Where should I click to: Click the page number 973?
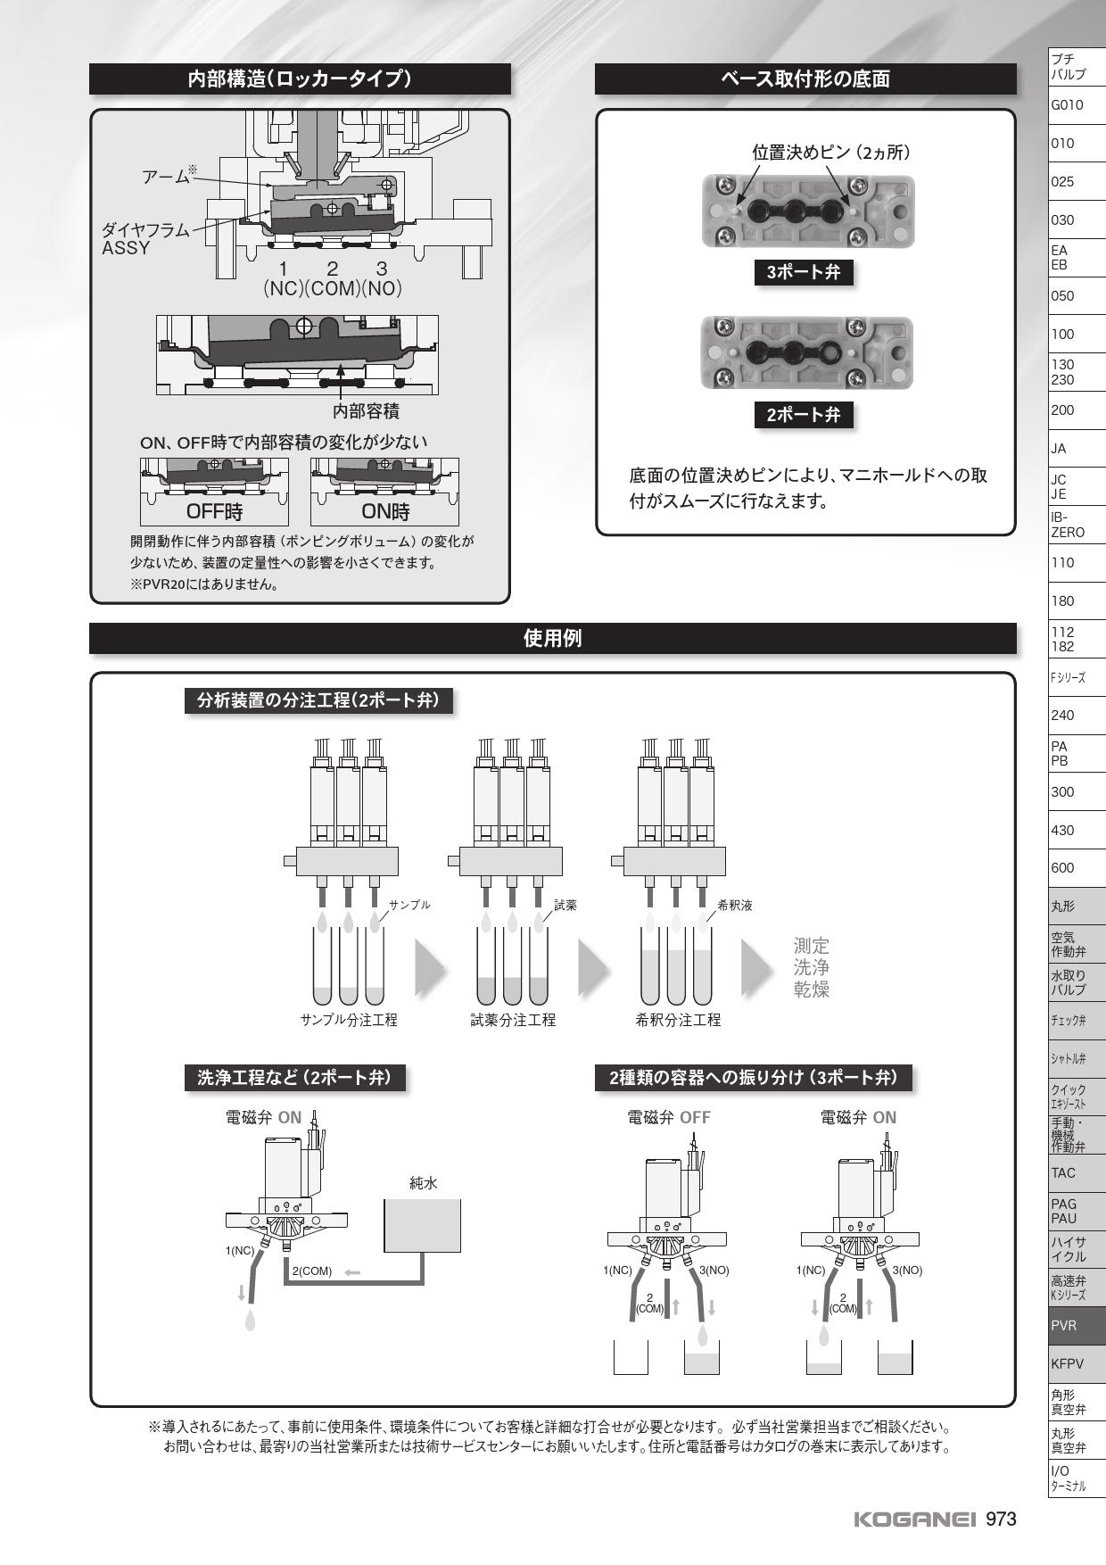click(1001, 1519)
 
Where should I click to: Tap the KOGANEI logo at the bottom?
click(915, 1519)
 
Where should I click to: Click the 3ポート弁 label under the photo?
click(804, 273)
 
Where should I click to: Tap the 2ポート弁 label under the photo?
click(804, 415)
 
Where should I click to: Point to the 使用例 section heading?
click(552, 638)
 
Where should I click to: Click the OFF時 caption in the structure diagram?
click(214, 512)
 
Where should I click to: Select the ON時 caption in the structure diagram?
click(384, 512)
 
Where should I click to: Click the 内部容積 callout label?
click(366, 411)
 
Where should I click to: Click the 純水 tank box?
click(422, 1226)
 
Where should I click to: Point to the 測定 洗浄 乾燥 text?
click(812, 967)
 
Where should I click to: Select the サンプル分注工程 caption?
click(349, 1020)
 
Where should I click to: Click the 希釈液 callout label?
click(735, 906)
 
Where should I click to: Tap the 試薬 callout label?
click(565, 906)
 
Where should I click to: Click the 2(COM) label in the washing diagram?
click(311, 1271)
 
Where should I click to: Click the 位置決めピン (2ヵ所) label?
click(830, 153)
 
